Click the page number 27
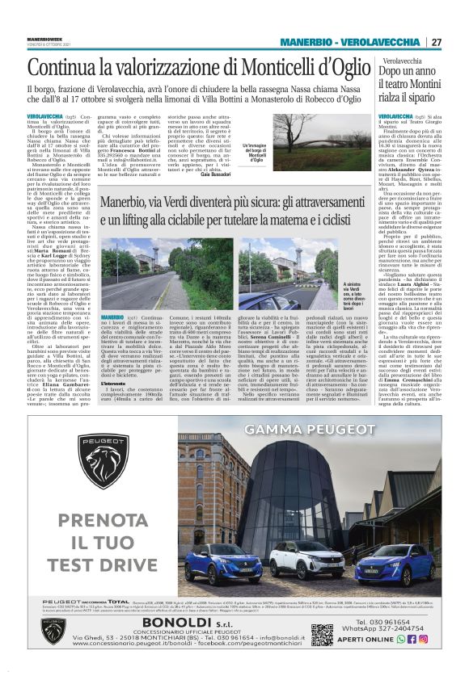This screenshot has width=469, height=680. [x=436, y=42]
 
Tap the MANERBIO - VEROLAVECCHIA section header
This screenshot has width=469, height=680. [x=350, y=42]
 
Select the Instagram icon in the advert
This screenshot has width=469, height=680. [x=423, y=639]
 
